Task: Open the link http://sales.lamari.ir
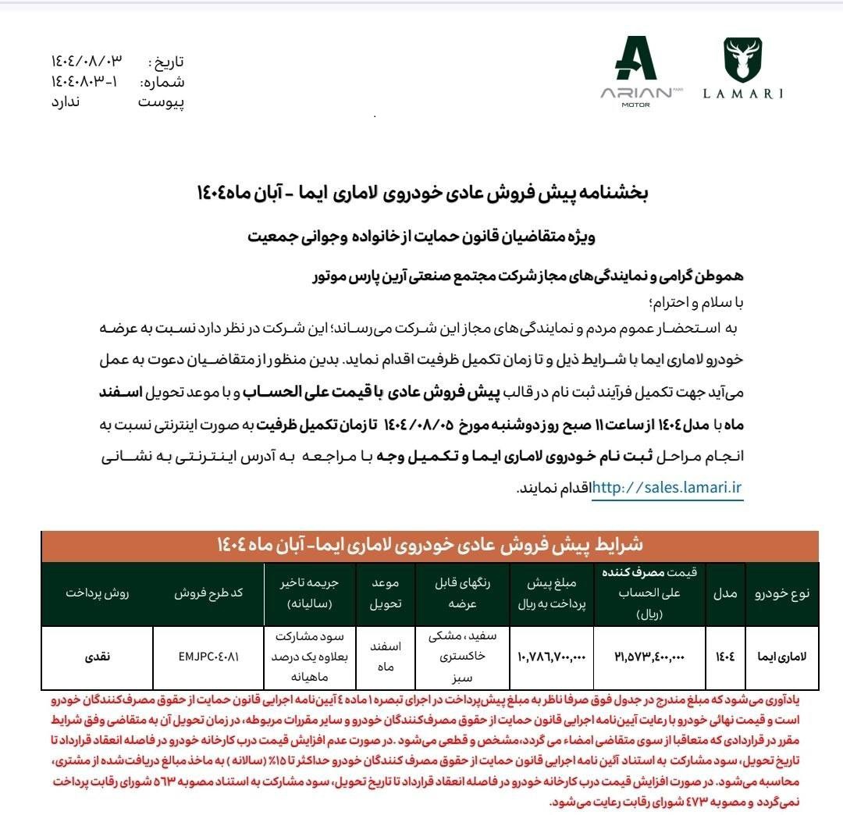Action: pyautogui.click(x=667, y=488)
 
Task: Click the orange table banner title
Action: pyautogui.click(x=429, y=544)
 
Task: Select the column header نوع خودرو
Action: pyautogui.click(x=781, y=593)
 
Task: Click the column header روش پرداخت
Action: pyautogui.click(x=98, y=593)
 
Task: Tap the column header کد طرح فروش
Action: pyautogui.click(x=208, y=593)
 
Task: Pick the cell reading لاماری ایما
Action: pyautogui.click(x=781, y=657)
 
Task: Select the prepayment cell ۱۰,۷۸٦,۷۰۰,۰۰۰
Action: pyautogui.click(x=550, y=657)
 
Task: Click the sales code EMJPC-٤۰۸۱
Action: pyautogui.click(x=208, y=657)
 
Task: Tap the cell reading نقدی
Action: pyautogui.click(x=98, y=657)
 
